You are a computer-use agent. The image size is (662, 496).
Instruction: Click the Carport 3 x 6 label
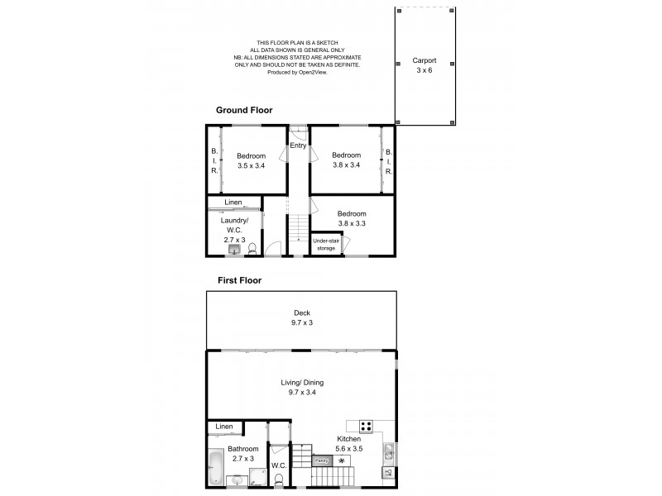(424, 65)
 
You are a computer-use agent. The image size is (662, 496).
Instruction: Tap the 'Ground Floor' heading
(244, 110)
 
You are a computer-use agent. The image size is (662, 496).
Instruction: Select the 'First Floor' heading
(239, 280)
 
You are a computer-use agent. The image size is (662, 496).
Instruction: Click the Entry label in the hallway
(298, 145)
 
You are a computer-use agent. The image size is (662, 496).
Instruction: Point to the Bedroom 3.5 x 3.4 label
(251, 160)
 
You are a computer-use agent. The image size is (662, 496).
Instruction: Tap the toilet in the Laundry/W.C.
(252, 247)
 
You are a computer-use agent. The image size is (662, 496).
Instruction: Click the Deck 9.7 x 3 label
(302, 317)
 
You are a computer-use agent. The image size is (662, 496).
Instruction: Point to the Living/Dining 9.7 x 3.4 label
(301, 387)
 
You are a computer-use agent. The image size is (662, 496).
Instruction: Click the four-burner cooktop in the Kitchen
(366, 427)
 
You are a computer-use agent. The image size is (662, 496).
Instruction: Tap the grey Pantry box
(322, 460)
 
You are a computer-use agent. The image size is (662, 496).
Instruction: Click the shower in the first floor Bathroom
(256, 479)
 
